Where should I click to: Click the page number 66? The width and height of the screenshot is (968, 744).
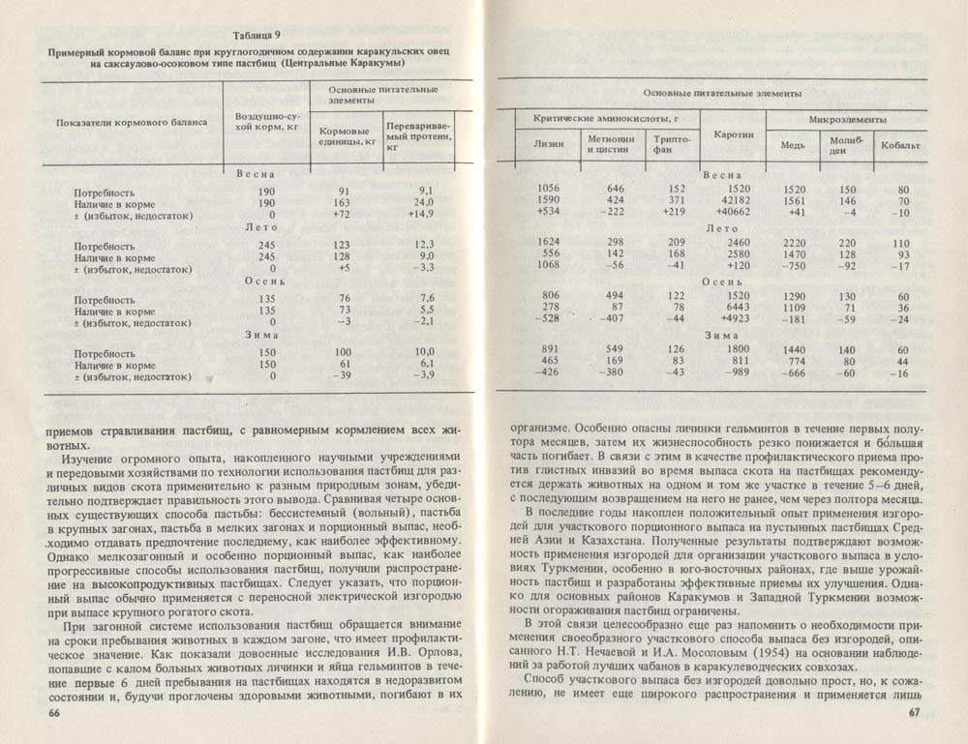[x=53, y=713]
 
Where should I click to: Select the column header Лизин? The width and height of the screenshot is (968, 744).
[x=549, y=145]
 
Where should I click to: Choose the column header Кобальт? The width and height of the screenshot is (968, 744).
[x=900, y=146]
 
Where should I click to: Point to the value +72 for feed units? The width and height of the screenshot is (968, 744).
[x=348, y=213]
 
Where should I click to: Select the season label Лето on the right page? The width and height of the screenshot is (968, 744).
[x=722, y=229]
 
